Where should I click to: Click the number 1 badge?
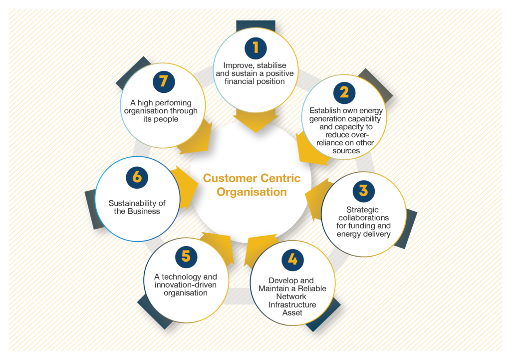click(x=255, y=48)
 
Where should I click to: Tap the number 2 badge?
click(x=344, y=93)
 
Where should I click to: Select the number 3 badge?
click(x=363, y=191)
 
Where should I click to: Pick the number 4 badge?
click(x=292, y=260)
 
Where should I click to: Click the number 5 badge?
click(x=186, y=257)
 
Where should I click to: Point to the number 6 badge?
click(x=137, y=178)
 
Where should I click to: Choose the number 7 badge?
click(x=164, y=82)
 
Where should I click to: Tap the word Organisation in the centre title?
click(x=252, y=192)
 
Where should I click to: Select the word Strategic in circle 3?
click(x=362, y=210)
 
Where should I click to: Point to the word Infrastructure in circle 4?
click(x=292, y=305)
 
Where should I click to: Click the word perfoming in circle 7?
click(x=173, y=103)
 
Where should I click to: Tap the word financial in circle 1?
click(x=239, y=81)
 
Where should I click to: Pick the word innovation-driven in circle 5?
click(x=186, y=285)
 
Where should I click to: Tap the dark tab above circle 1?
click(x=255, y=26)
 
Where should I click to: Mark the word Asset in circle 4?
click(x=292, y=313)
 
